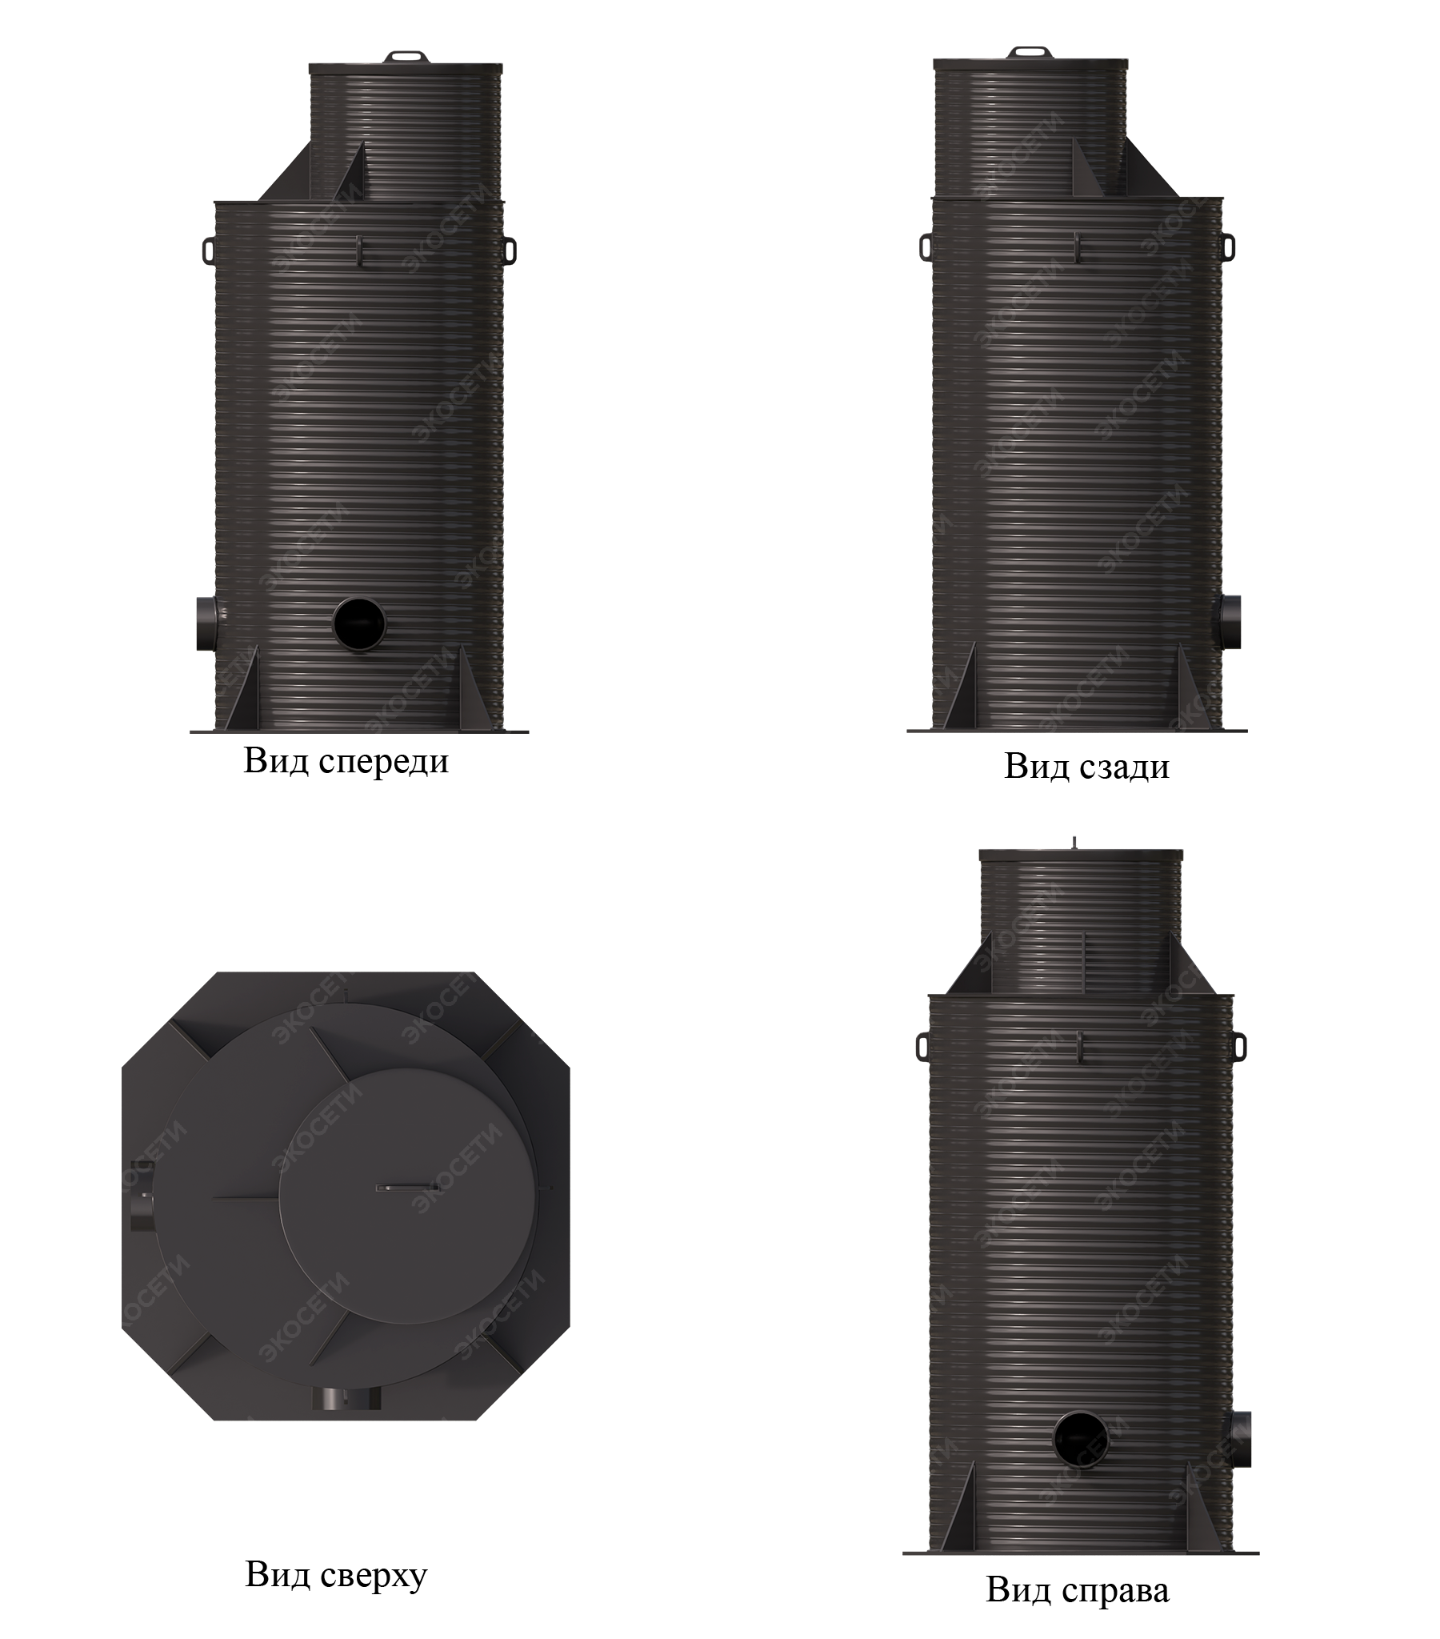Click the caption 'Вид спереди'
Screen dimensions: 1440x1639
click(346, 761)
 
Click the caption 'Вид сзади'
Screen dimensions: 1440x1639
click(1086, 767)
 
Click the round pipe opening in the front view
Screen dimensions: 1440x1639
click(359, 623)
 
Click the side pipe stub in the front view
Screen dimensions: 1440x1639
click(207, 623)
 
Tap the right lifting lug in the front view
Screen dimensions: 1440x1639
click(509, 250)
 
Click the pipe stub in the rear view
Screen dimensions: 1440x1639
click(1229, 622)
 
